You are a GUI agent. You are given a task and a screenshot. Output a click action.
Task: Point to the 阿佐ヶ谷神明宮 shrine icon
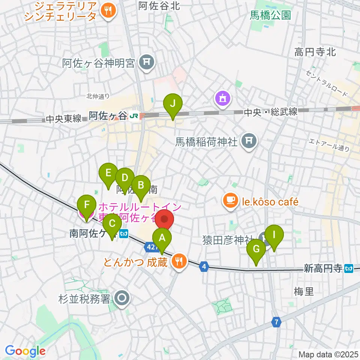[146, 63]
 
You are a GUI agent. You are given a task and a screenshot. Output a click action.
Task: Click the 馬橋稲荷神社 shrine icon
[248, 142]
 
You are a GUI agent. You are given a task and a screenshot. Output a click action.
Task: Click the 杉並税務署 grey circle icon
[122, 299]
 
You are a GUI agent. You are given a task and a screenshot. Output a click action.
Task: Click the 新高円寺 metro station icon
[349, 268]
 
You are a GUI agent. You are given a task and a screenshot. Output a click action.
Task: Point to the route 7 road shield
[277, 322]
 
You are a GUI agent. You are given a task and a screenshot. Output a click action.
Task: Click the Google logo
[25, 351]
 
